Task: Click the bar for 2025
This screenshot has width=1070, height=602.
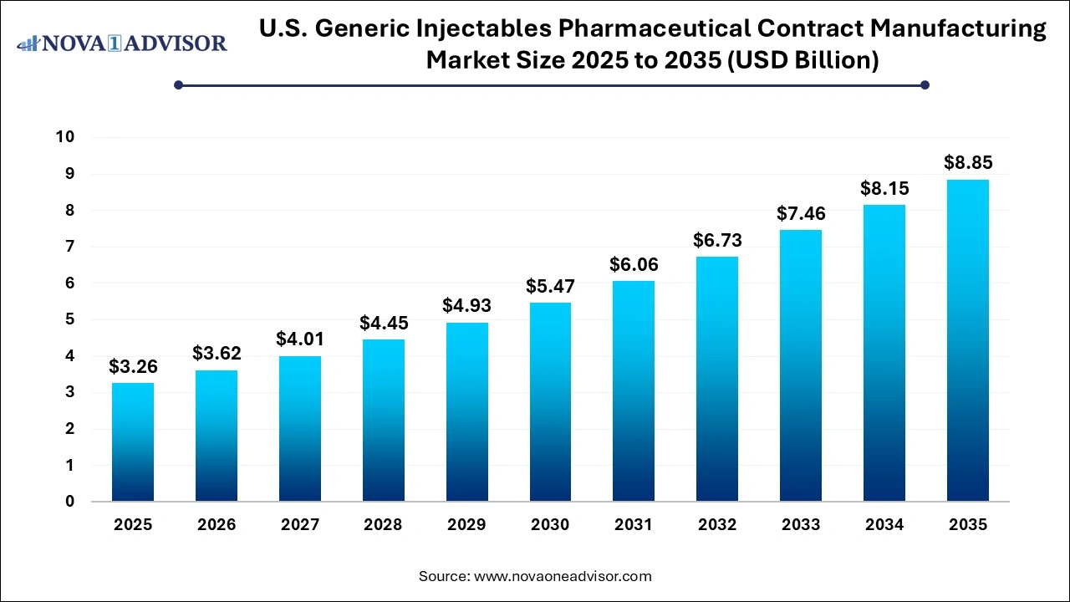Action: click(133, 442)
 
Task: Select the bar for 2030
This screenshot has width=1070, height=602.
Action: click(550, 402)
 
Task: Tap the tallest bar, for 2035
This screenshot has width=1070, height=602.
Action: click(967, 340)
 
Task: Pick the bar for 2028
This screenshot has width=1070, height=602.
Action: click(383, 421)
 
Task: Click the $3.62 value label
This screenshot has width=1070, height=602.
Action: click(217, 353)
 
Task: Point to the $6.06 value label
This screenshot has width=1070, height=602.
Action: click(634, 264)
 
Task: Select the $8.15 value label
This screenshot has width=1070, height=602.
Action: click(884, 188)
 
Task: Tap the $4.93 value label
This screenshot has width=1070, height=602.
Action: click(466, 305)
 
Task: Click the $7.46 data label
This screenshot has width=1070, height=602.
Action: click(801, 213)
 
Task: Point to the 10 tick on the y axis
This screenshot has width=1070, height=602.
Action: click(65, 137)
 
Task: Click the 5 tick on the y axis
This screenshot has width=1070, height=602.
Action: click(70, 319)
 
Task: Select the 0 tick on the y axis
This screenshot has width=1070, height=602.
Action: click(70, 502)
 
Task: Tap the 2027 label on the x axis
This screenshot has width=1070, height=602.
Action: click(300, 525)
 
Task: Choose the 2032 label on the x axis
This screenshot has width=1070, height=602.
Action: click(717, 525)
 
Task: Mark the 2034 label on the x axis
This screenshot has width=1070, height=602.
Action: click(884, 525)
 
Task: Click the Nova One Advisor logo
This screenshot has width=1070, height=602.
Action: click(122, 43)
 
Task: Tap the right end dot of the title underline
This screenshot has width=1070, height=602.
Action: click(925, 84)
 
